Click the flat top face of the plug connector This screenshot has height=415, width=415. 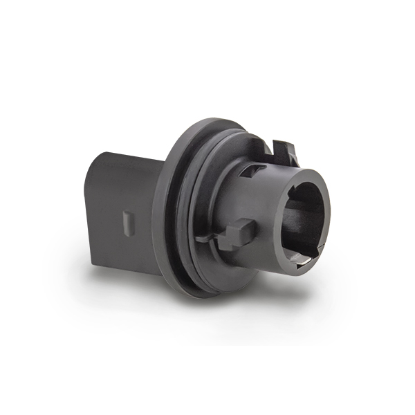[x=128, y=160]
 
